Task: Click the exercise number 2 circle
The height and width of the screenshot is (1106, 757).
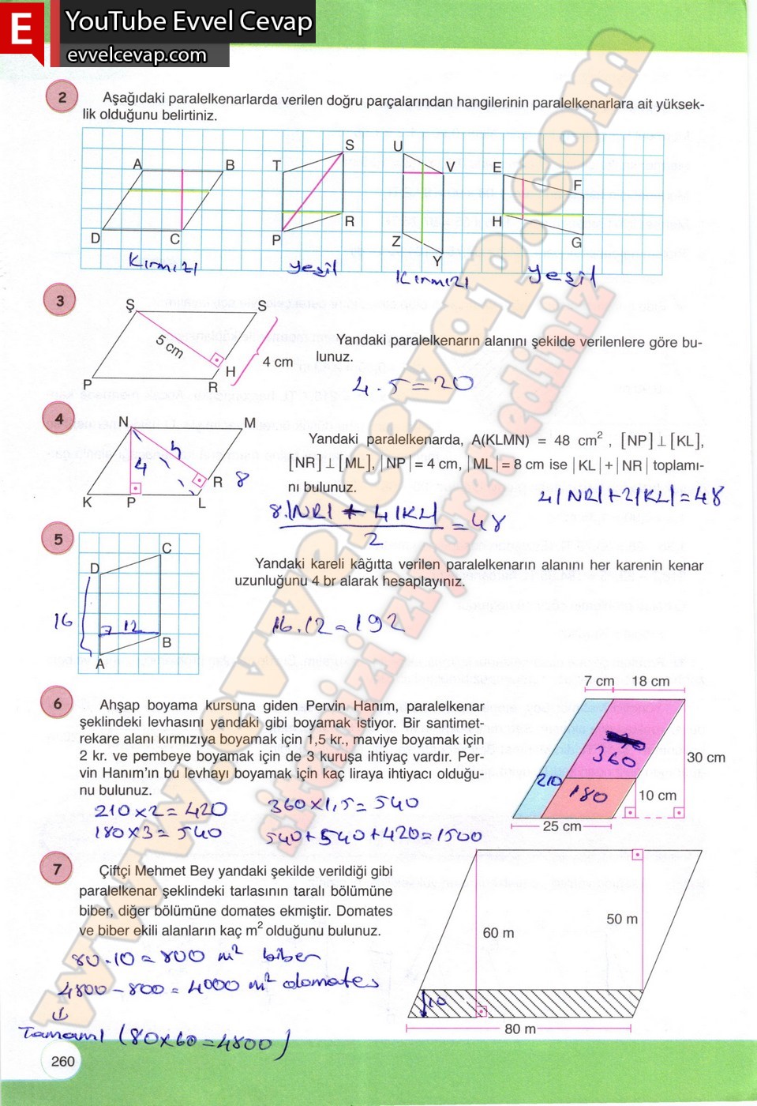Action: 62,97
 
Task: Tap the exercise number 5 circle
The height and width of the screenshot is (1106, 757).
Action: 58,540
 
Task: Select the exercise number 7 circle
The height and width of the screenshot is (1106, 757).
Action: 56,869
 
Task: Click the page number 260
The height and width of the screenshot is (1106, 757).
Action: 62,1061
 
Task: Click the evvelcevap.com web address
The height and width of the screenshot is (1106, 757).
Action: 137,55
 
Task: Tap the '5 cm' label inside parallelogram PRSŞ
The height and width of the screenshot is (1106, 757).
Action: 169,345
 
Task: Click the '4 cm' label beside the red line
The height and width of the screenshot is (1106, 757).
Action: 277,362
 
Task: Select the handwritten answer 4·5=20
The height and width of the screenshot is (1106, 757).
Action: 412,385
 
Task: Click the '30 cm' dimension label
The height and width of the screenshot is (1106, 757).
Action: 706,757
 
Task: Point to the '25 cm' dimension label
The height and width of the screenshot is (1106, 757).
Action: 561,826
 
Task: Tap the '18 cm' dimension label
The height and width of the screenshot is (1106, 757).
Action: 650,681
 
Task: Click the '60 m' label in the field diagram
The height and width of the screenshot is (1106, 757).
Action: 498,933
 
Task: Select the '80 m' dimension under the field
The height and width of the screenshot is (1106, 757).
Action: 519,1029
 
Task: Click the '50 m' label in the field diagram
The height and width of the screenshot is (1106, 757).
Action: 622,919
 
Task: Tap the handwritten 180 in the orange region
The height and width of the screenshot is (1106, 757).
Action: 589,794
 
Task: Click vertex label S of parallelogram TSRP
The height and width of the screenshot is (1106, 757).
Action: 350,145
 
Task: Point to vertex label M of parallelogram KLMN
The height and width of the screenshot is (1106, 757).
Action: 249,423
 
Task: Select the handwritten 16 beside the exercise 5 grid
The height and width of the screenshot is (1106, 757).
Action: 63,621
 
